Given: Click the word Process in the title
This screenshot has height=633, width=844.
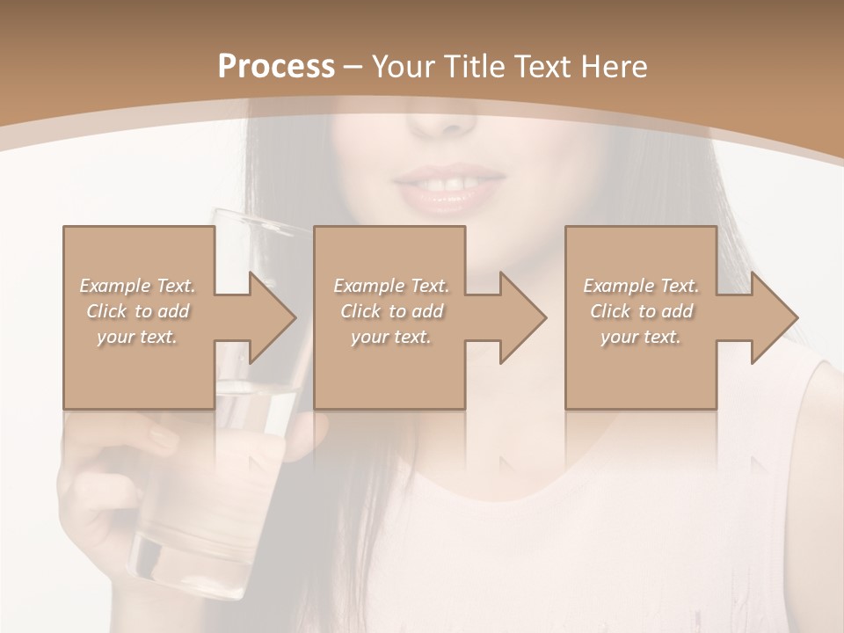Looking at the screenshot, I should pyautogui.click(x=276, y=67).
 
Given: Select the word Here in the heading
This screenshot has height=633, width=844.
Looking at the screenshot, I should pyautogui.click(x=615, y=67).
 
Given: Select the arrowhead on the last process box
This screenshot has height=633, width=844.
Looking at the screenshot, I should pyautogui.click(x=773, y=317).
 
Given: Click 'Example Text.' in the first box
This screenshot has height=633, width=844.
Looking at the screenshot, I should pyautogui.click(x=137, y=285).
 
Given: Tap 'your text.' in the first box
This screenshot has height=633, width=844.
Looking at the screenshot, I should pyautogui.click(x=137, y=337).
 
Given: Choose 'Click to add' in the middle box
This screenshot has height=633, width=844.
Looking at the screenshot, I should pyautogui.click(x=391, y=310).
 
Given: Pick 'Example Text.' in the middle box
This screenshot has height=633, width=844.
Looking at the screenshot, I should pyautogui.click(x=391, y=285).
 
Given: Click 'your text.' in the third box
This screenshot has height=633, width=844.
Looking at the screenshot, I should pyautogui.click(x=640, y=337).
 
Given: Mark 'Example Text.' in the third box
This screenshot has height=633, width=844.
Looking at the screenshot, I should pyautogui.click(x=640, y=285).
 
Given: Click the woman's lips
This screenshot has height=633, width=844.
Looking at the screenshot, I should pyautogui.click(x=448, y=186).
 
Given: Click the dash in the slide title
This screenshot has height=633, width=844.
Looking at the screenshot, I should pyautogui.click(x=353, y=67).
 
